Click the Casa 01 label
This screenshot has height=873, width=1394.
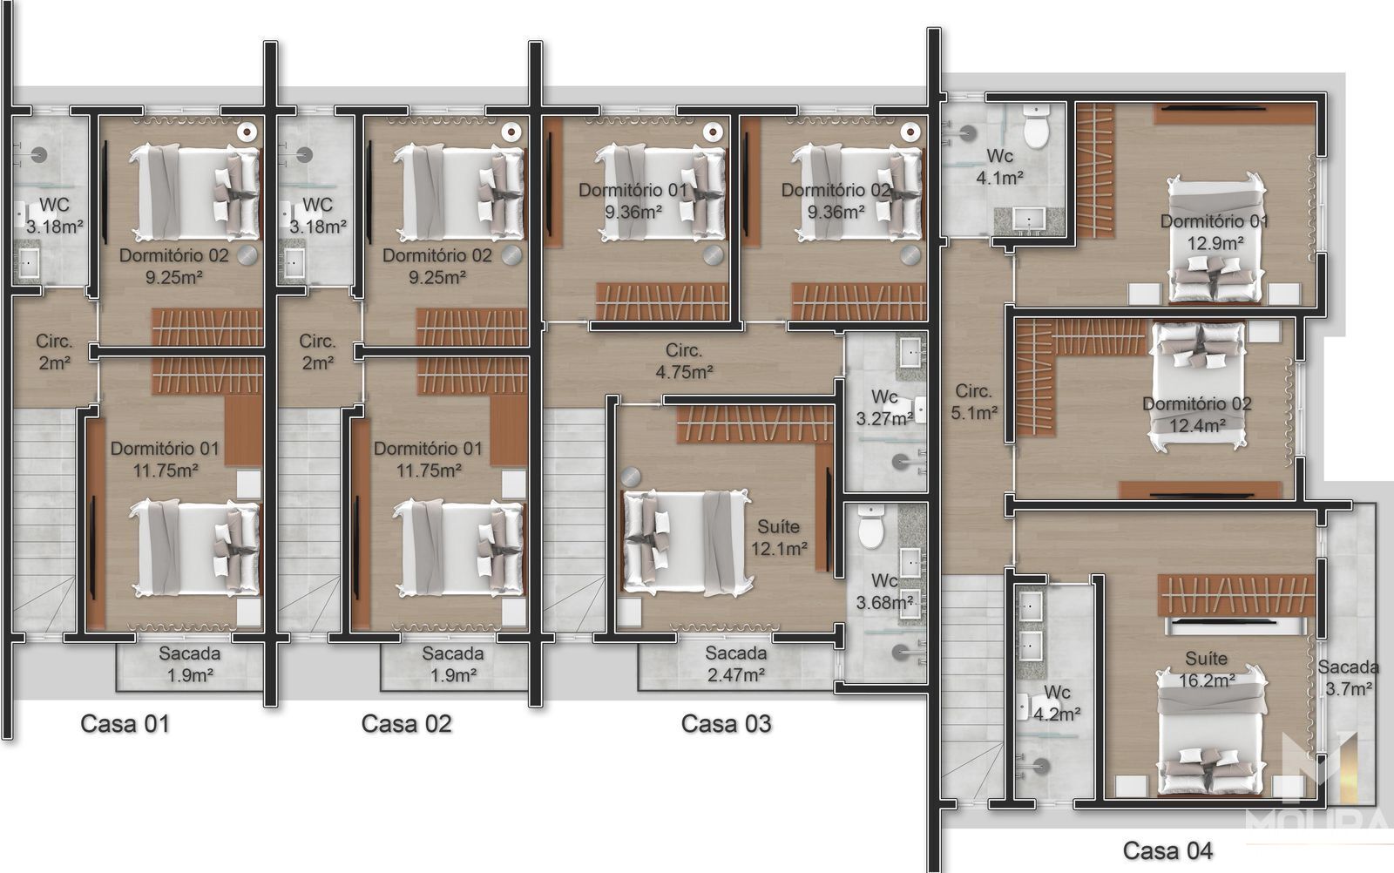(125, 724)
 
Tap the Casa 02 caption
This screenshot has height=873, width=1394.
(406, 724)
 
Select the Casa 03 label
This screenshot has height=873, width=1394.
(727, 724)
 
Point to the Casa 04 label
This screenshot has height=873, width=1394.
(1167, 850)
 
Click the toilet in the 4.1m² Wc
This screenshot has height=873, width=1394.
(1036, 126)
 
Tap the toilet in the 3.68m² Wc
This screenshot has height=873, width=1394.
(871, 526)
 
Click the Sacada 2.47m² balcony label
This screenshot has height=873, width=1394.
(735, 664)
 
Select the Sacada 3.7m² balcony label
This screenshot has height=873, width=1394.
(1348, 678)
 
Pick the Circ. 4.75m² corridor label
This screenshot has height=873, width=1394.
(684, 361)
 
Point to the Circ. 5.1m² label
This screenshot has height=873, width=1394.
(974, 402)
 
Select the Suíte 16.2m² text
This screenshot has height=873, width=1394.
(1207, 669)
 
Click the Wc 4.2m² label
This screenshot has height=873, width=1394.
(1057, 703)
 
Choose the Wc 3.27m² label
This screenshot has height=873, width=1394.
(884, 408)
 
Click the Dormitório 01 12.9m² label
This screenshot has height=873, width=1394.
(1215, 232)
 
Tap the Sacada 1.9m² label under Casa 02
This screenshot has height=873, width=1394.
(453, 664)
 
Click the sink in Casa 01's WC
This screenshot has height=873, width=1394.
(28, 262)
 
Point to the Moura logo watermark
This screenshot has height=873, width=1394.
(1319, 784)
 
